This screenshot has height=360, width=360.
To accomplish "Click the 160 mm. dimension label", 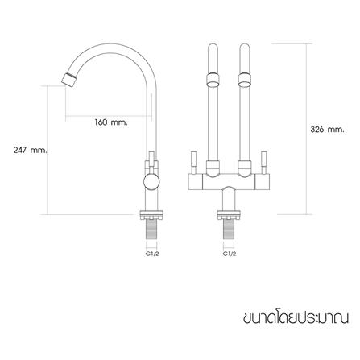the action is pyautogui.click(x=111, y=122).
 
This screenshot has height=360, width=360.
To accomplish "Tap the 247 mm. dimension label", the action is pyautogui.click(x=30, y=150).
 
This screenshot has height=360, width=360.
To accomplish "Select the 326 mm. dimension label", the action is pyautogui.click(x=327, y=130).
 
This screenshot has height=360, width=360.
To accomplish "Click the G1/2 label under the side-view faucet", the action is pyautogui.click(x=152, y=254).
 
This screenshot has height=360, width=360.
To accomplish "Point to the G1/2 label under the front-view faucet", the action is pyautogui.click(x=230, y=254).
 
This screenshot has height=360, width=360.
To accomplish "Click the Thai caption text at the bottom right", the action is pyautogui.click(x=296, y=317).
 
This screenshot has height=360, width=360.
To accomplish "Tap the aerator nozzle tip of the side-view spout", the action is pyautogui.click(x=69, y=79).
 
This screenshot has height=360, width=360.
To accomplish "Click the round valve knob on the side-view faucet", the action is pyautogui.click(x=151, y=182).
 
